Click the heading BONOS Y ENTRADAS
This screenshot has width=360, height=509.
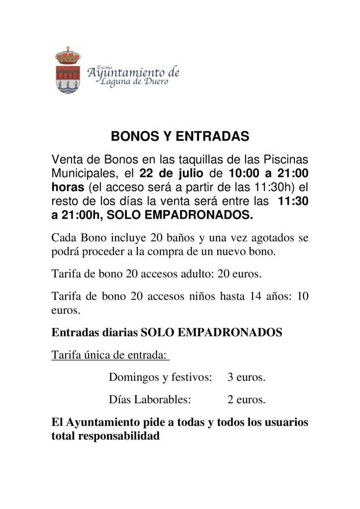click(x=180, y=136)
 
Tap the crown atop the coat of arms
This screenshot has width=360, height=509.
click(x=68, y=55)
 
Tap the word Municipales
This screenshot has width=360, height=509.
click(x=84, y=173)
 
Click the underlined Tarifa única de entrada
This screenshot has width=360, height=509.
click(x=110, y=355)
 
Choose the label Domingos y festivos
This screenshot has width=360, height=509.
click(x=160, y=377)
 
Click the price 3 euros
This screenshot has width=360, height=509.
click(x=246, y=377)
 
